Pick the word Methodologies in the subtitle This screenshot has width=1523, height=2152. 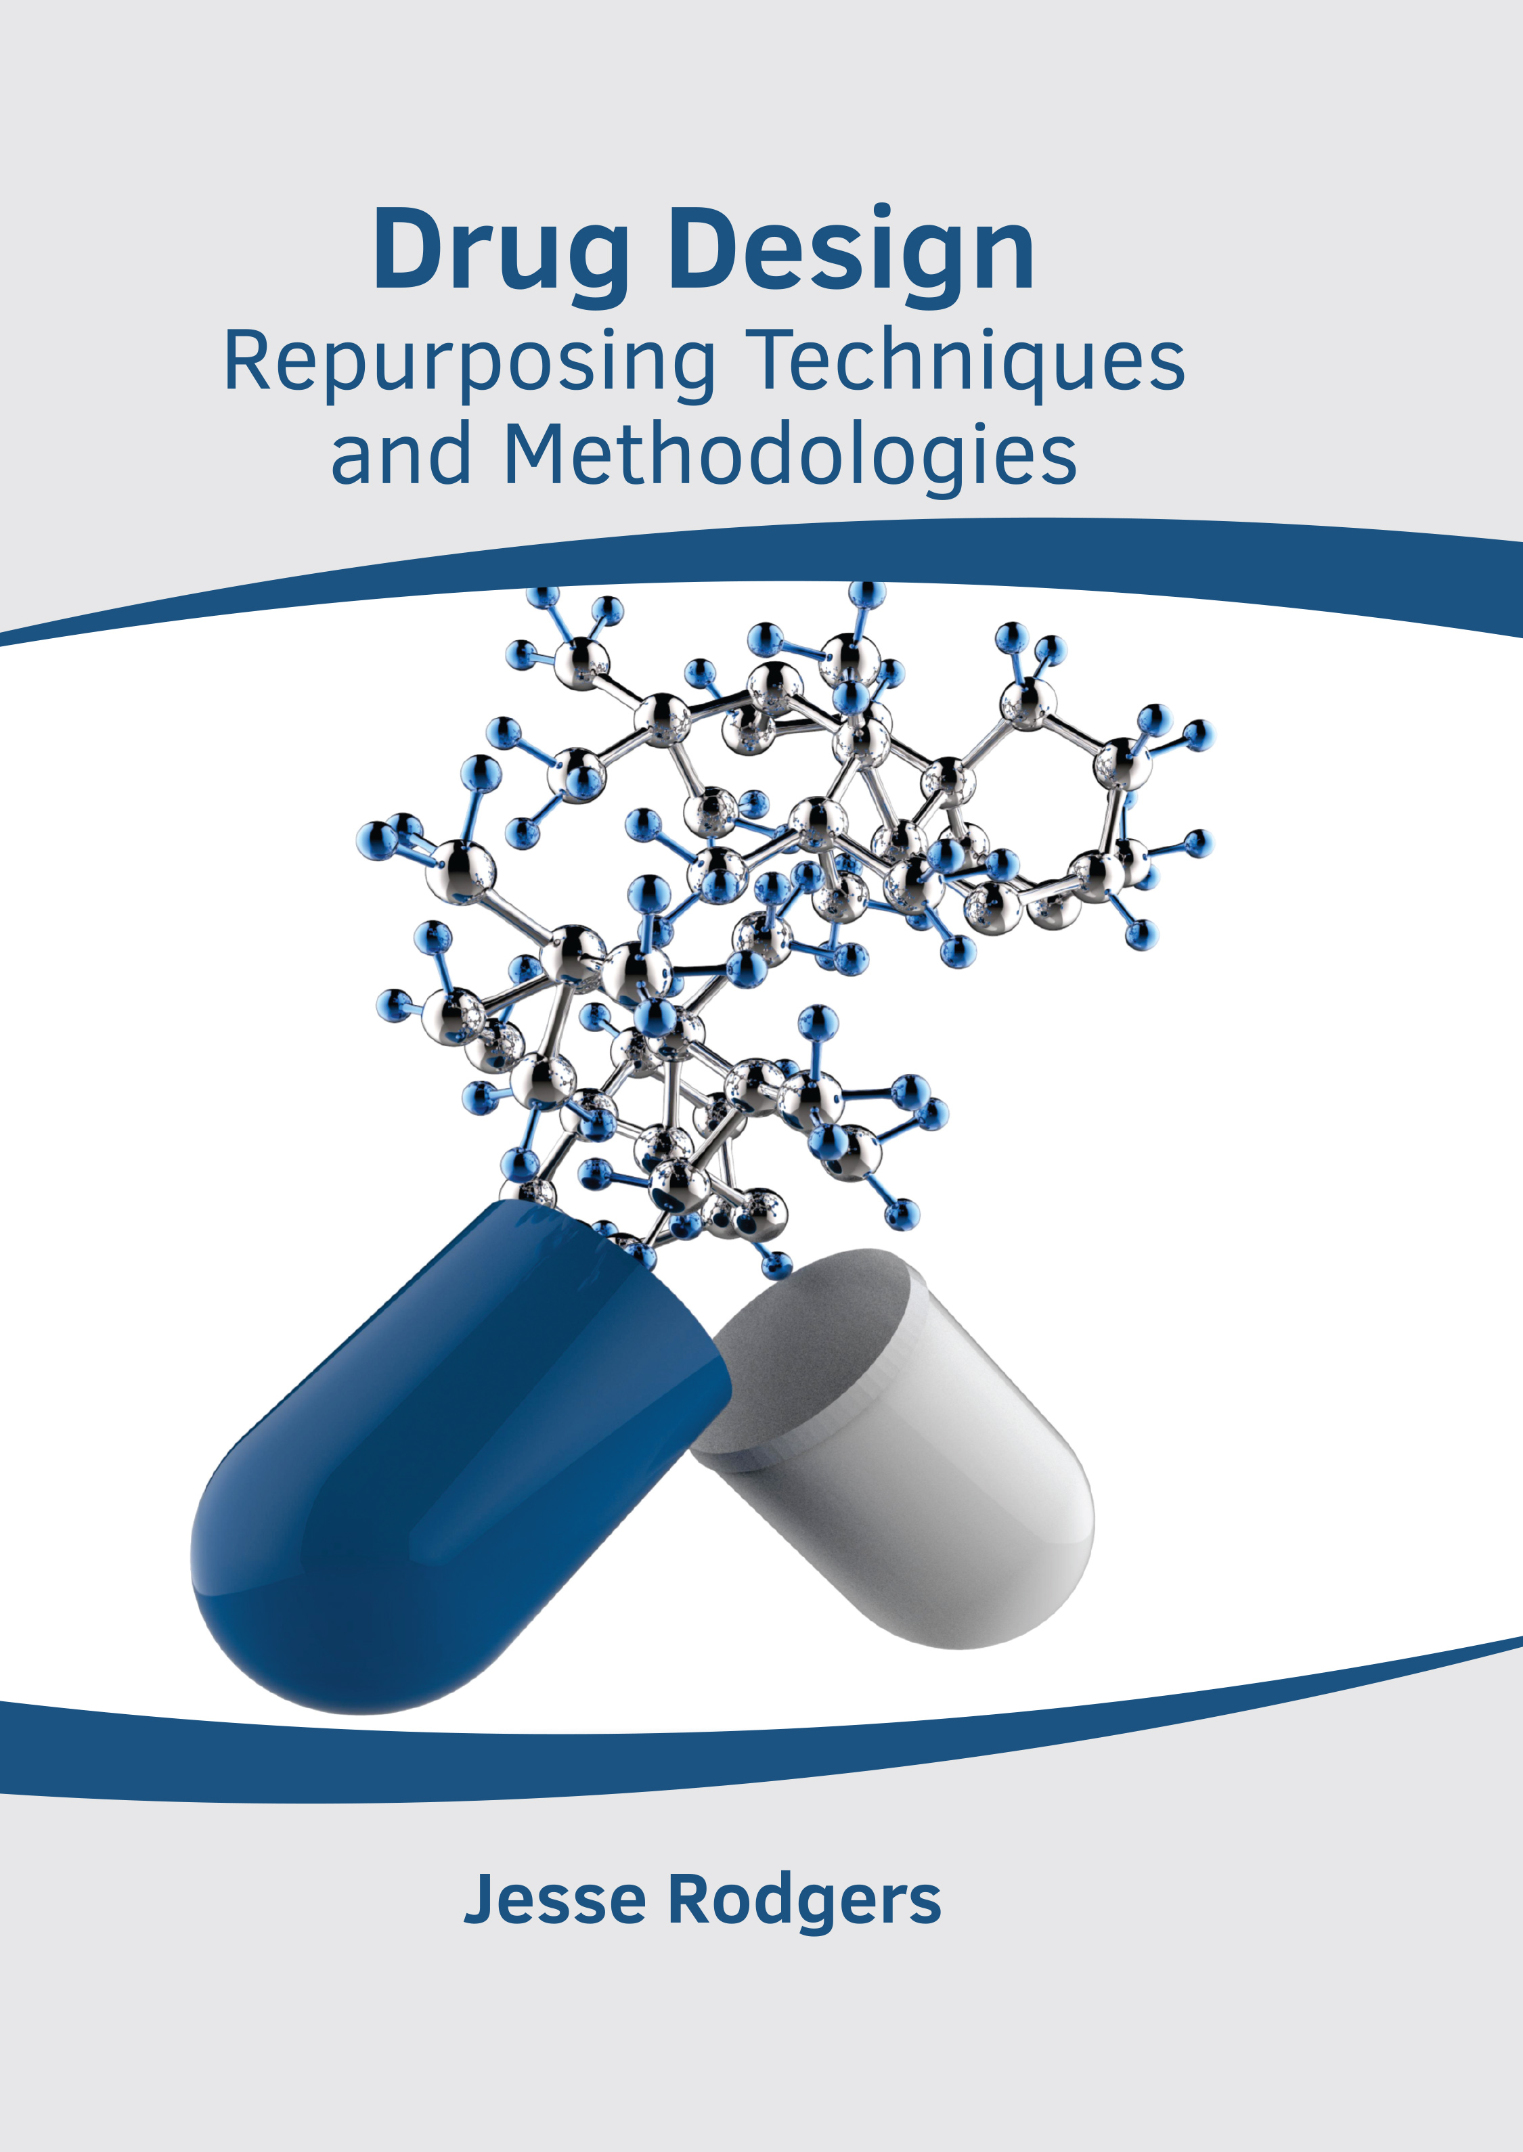point(791,457)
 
